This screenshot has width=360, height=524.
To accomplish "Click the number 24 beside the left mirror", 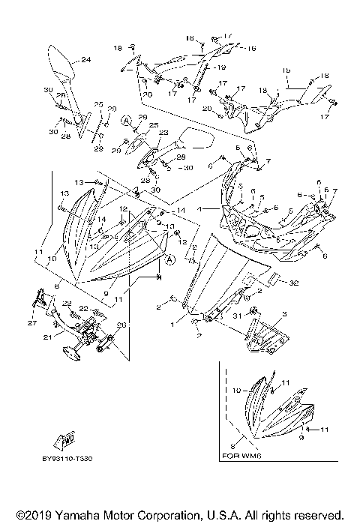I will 85,59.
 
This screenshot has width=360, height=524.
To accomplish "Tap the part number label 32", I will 293,283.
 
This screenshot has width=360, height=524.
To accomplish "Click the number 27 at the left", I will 31,323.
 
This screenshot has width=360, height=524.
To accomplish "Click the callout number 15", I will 286,70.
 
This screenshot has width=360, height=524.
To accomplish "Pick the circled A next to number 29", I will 127,120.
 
